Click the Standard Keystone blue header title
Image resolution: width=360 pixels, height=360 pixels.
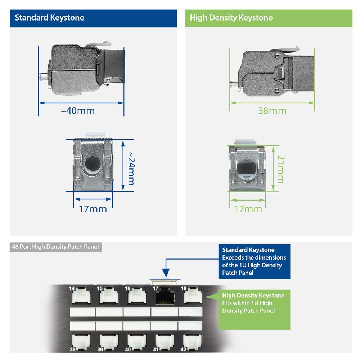pyautogui.click(x=49, y=18)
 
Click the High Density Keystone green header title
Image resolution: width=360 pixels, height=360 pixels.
pyautogui.click(x=231, y=18)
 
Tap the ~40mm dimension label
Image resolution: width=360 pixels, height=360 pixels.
pyautogui.click(x=78, y=111)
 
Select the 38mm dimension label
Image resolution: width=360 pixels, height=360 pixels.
pyautogui.click(x=272, y=111)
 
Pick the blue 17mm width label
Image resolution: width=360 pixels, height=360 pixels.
pyautogui.click(x=93, y=209)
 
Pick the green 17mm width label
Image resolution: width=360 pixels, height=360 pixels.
pyautogui.click(x=248, y=209)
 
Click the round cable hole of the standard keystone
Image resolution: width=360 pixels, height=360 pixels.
pyautogui.click(x=93, y=165)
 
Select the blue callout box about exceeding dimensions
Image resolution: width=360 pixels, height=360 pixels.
pyautogui.click(x=254, y=261)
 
